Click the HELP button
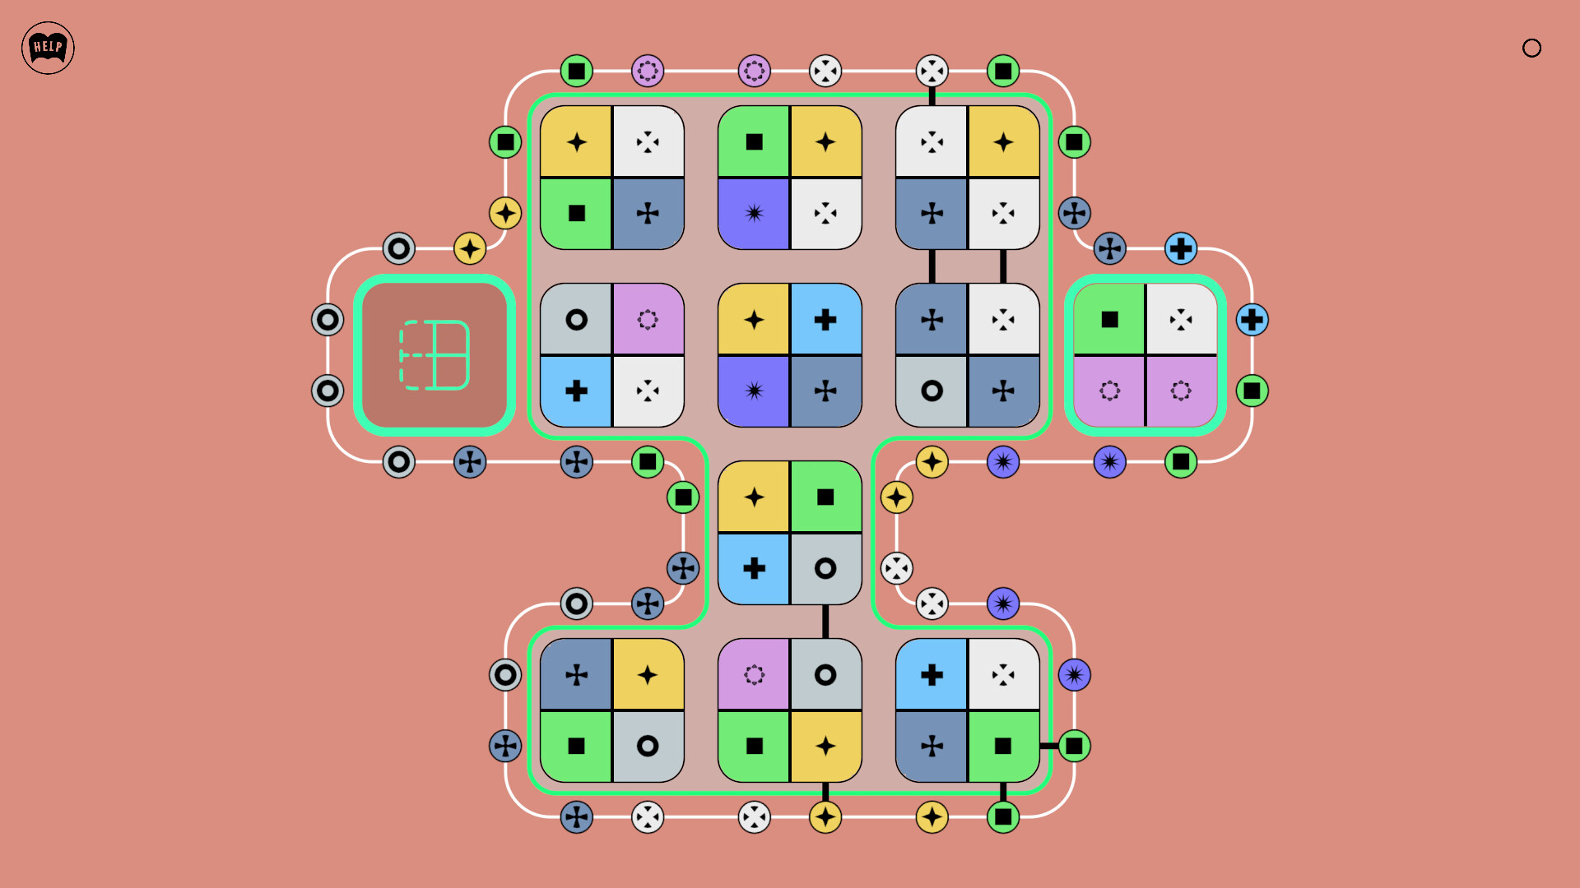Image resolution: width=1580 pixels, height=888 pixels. (48, 48)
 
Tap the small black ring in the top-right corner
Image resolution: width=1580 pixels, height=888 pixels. (1531, 49)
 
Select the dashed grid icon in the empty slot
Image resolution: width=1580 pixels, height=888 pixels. (434, 354)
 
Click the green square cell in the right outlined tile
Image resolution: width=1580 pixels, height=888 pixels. (1109, 319)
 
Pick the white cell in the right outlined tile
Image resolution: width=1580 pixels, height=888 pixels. (1182, 319)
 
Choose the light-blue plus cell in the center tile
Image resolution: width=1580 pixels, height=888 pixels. (825, 319)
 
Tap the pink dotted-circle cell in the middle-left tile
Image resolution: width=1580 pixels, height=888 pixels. (648, 319)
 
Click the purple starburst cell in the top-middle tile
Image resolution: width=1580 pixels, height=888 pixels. (754, 214)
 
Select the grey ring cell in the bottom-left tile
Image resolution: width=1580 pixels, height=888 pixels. (648, 746)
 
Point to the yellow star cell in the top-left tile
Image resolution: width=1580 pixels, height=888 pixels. (576, 141)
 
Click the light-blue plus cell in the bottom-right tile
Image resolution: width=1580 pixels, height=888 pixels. (932, 674)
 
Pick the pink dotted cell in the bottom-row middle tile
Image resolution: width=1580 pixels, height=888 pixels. (754, 674)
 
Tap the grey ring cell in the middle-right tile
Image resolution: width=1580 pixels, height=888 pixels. (932, 391)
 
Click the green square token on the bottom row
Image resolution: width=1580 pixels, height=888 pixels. (1003, 817)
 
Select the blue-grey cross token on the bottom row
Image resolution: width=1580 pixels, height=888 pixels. (577, 817)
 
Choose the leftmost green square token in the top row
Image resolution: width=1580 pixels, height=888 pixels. (577, 71)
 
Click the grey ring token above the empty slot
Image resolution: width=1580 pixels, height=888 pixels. (399, 248)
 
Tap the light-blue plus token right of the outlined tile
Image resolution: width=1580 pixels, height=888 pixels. (1252, 320)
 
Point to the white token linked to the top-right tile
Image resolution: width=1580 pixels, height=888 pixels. (932, 71)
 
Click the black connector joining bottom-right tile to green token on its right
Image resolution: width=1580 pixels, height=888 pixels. (1049, 746)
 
